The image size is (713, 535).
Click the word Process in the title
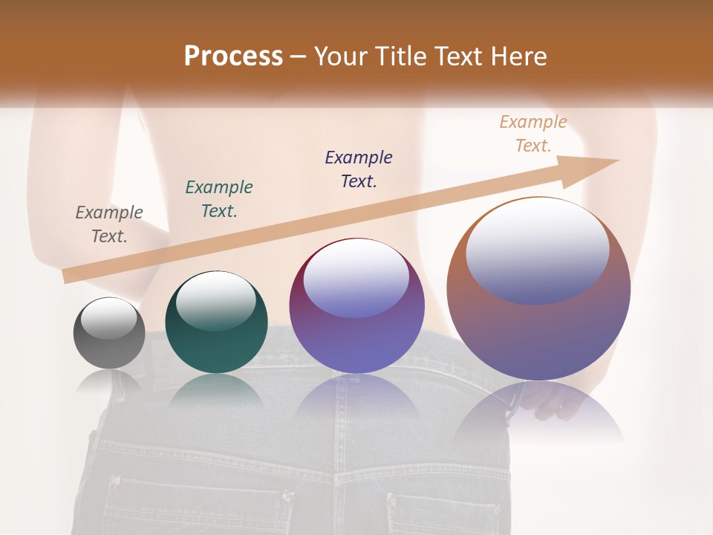[233, 56]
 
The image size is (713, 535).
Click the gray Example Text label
[109, 224]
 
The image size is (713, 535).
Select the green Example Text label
[219, 199]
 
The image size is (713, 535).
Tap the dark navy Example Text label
[359, 169]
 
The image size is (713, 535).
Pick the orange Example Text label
[533, 134]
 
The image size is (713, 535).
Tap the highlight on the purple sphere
[356, 279]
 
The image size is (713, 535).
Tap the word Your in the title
[340, 56]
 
